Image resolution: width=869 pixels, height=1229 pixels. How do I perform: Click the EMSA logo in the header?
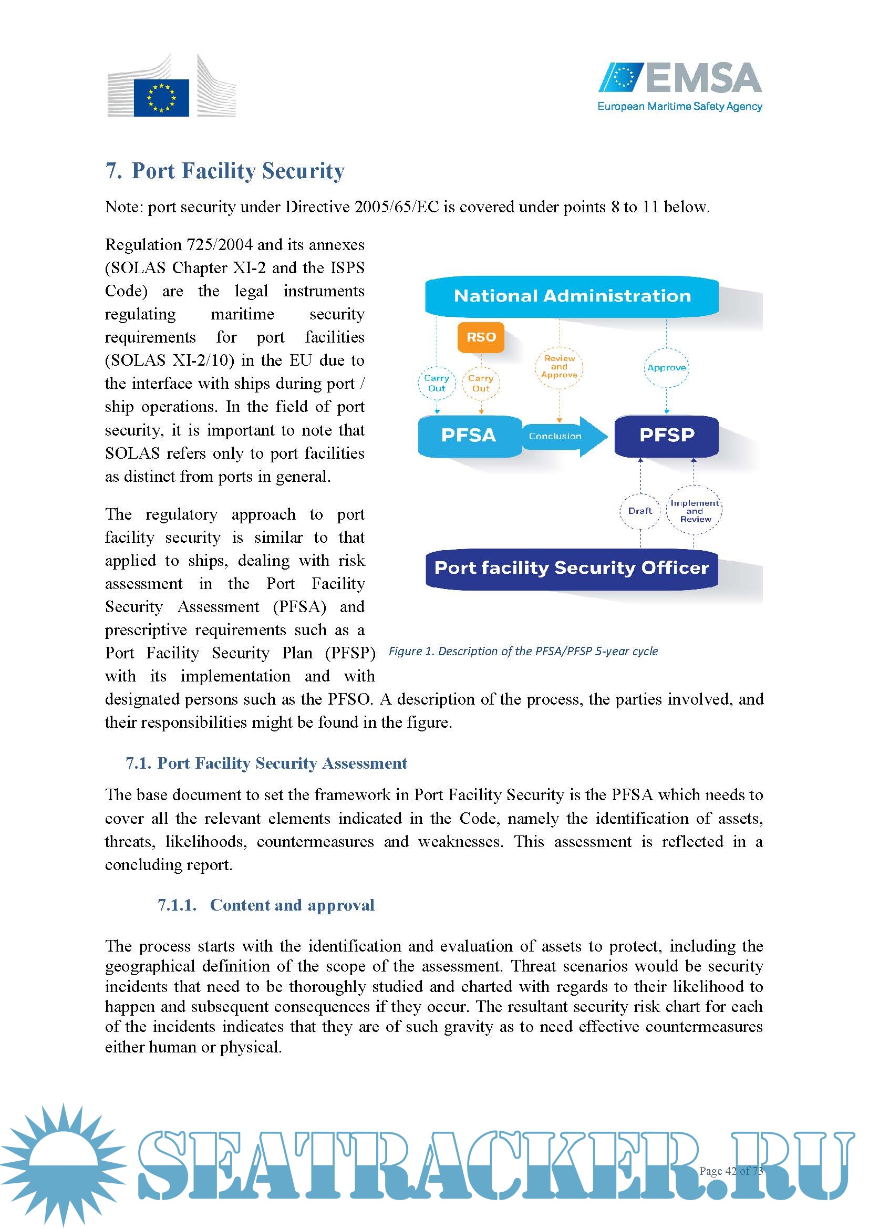[679, 86]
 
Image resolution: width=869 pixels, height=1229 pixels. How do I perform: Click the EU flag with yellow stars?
[161, 97]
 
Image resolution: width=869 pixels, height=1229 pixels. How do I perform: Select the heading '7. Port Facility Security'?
[225, 171]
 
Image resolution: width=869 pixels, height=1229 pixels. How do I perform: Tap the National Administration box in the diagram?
[572, 296]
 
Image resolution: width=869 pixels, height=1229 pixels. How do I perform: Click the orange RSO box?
[481, 337]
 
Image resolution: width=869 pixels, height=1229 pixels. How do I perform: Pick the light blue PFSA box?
[469, 435]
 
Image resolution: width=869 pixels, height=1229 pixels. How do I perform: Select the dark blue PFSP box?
[666, 435]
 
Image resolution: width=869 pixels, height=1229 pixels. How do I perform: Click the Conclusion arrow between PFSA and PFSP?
[562, 436]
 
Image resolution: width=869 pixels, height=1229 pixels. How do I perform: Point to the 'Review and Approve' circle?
[559, 367]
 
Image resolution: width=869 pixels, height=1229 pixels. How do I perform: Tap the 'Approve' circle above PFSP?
[666, 368]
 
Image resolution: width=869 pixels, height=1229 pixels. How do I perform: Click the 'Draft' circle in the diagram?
[640, 511]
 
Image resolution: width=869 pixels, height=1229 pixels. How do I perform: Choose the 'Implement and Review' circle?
[694, 511]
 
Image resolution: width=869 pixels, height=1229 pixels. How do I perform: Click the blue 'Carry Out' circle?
[437, 383]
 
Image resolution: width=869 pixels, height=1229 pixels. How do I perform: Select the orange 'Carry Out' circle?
[481, 383]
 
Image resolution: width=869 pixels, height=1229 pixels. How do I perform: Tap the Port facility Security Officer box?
[572, 568]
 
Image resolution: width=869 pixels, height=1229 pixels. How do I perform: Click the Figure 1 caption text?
[523, 651]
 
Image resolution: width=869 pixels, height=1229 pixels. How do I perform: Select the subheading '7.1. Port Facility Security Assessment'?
[266, 763]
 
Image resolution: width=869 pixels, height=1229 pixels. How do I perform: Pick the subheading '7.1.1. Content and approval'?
[266, 905]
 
